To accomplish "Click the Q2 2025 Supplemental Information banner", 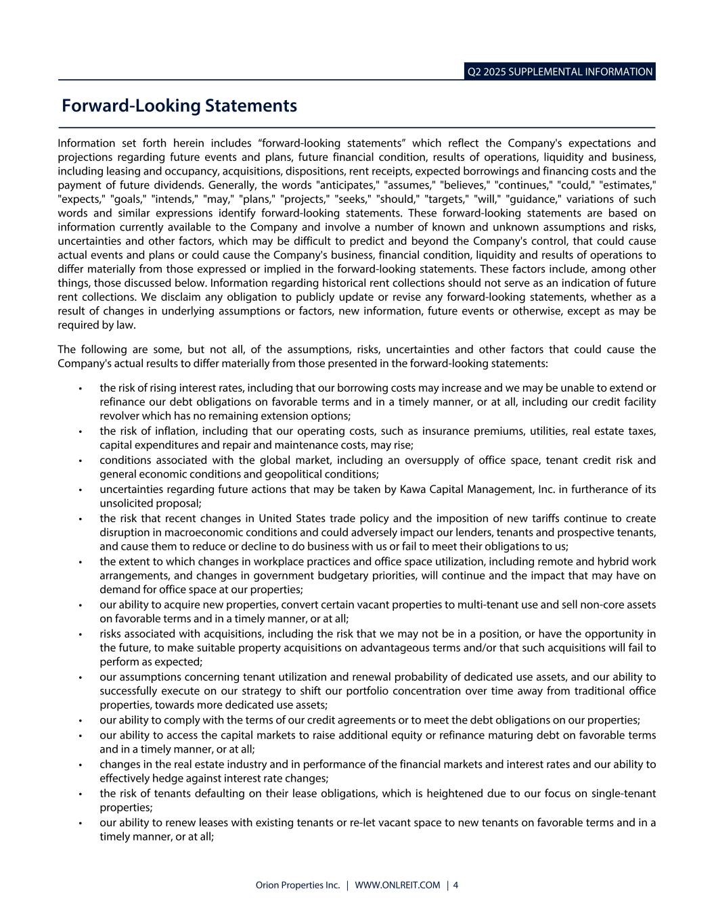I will click(560, 72).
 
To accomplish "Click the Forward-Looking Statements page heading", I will click(179, 106).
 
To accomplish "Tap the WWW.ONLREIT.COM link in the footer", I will click(397, 885).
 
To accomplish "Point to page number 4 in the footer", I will click(455, 885).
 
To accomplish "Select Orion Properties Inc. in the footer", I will click(298, 885).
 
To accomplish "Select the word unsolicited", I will click(126, 503).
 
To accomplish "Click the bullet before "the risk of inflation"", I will click(81, 431).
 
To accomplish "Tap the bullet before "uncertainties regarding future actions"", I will click(81, 490).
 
